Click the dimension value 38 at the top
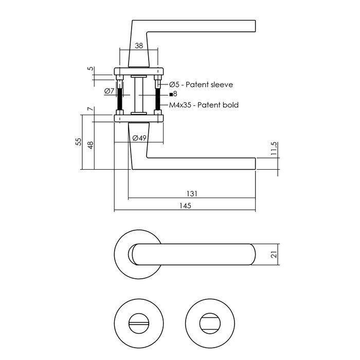coord(138,45)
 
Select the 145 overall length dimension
coord(185,206)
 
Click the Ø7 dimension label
coord(109,92)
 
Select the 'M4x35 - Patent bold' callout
coord(204,105)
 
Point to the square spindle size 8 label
coord(173,94)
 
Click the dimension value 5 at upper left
coord(89,68)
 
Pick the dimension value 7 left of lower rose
coord(89,109)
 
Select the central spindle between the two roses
coord(138,95)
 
